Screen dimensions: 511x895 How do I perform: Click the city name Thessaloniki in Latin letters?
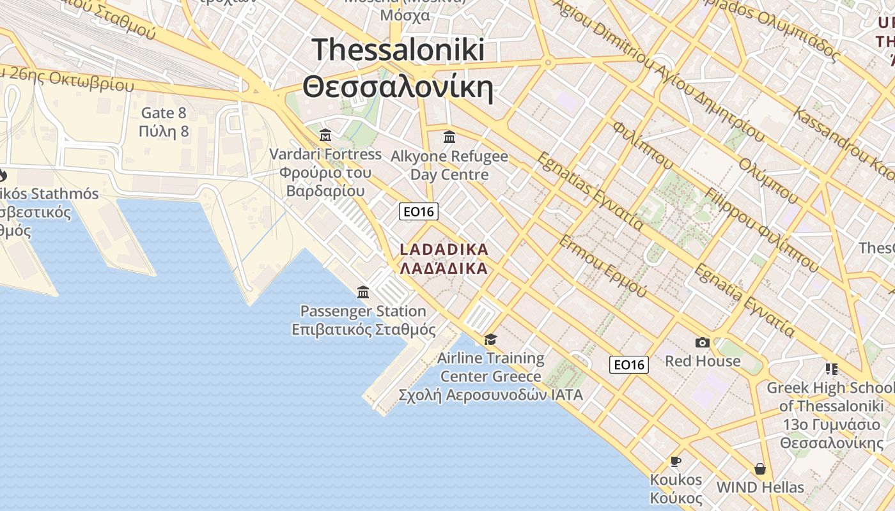(x=398, y=49)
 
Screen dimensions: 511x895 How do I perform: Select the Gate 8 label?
(x=164, y=113)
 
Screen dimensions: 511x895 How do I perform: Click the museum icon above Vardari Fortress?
(x=325, y=135)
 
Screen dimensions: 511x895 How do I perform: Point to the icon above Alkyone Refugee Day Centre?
(x=449, y=137)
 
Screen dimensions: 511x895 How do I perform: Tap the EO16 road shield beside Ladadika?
(x=418, y=211)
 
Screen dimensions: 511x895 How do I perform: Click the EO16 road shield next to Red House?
(x=628, y=364)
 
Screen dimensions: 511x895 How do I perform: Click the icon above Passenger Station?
(x=363, y=292)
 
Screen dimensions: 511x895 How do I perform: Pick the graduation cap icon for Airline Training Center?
(x=490, y=339)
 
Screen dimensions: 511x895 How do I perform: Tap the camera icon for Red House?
(x=703, y=343)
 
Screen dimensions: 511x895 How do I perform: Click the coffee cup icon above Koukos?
(x=676, y=461)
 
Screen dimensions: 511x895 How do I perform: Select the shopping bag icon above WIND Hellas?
(x=759, y=469)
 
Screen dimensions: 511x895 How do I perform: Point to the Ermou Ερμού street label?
(x=602, y=265)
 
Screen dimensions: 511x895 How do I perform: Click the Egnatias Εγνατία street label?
(x=589, y=190)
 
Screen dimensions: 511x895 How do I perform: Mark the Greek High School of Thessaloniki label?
(x=831, y=397)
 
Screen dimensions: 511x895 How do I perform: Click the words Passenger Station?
(x=363, y=311)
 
